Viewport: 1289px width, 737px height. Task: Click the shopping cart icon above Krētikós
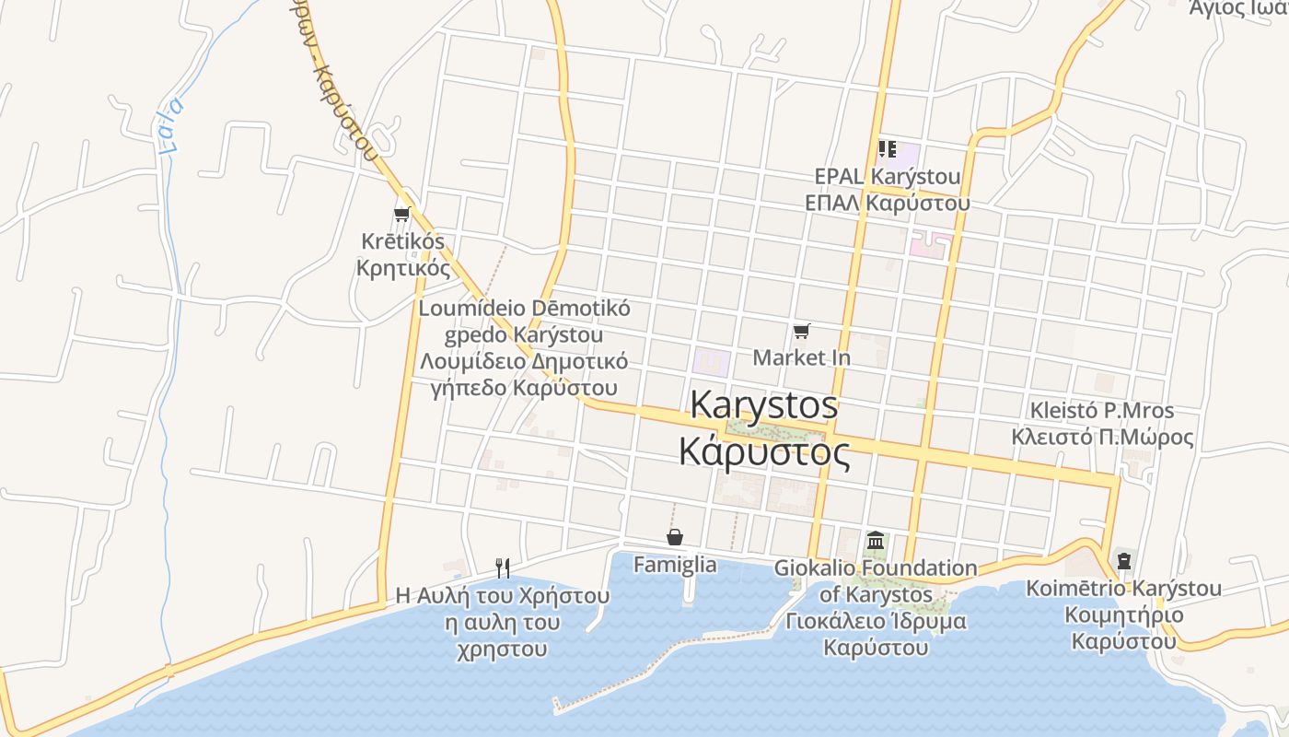pyautogui.click(x=401, y=215)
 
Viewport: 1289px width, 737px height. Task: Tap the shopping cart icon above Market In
pyautogui.click(x=802, y=331)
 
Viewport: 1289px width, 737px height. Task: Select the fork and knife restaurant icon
pyautogui.click(x=503, y=567)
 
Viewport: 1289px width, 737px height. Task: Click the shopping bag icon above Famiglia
pyautogui.click(x=675, y=537)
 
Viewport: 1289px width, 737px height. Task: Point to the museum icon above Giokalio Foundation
pyautogui.click(x=876, y=540)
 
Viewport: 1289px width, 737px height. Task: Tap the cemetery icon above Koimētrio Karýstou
pyautogui.click(x=1123, y=559)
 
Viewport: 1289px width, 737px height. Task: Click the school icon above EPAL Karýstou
pyautogui.click(x=887, y=148)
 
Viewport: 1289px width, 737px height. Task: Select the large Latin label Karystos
pyautogui.click(x=764, y=405)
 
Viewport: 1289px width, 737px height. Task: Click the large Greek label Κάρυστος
pyautogui.click(x=764, y=452)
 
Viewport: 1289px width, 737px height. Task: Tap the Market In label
pyautogui.click(x=802, y=357)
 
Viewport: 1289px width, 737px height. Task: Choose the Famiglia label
pyautogui.click(x=675, y=565)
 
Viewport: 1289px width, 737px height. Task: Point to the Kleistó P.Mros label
pyautogui.click(x=1102, y=410)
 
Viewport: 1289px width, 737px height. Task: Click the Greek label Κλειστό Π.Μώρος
pyautogui.click(x=1102, y=437)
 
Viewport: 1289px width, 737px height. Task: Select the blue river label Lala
pyautogui.click(x=170, y=124)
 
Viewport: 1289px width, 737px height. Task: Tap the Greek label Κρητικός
pyautogui.click(x=403, y=268)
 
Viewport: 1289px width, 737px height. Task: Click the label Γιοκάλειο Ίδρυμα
pyautogui.click(x=876, y=621)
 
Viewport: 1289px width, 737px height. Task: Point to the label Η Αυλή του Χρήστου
pyautogui.click(x=503, y=595)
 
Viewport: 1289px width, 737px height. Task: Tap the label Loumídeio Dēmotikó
pyautogui.click(x=525, y=309)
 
